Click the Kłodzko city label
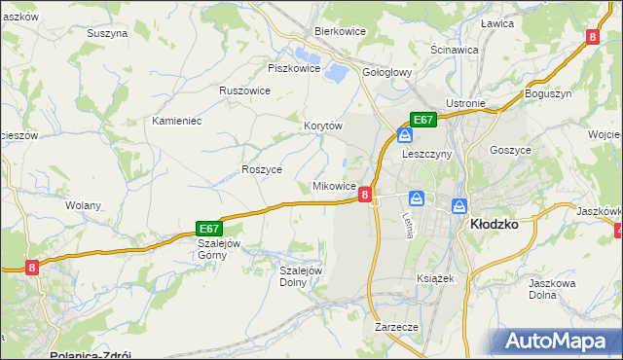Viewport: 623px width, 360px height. coord(493,223)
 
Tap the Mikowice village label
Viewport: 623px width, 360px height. coord(333,186)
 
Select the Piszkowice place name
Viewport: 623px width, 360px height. coord(293,68)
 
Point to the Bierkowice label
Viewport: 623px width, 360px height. coord(339,30)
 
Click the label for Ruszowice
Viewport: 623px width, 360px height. coord(244,90)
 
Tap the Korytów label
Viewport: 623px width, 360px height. coord(324,126)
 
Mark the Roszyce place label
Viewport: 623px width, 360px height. coord(261,168)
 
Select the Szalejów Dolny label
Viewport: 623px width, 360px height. coord(301,276)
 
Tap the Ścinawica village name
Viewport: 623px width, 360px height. coord(455,49)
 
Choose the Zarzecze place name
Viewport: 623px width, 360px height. coord(396,328)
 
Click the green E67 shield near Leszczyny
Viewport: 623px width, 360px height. coord(422,120)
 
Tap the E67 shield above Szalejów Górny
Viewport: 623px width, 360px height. coord(210,227)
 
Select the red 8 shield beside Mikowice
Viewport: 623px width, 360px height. coord(364,195)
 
